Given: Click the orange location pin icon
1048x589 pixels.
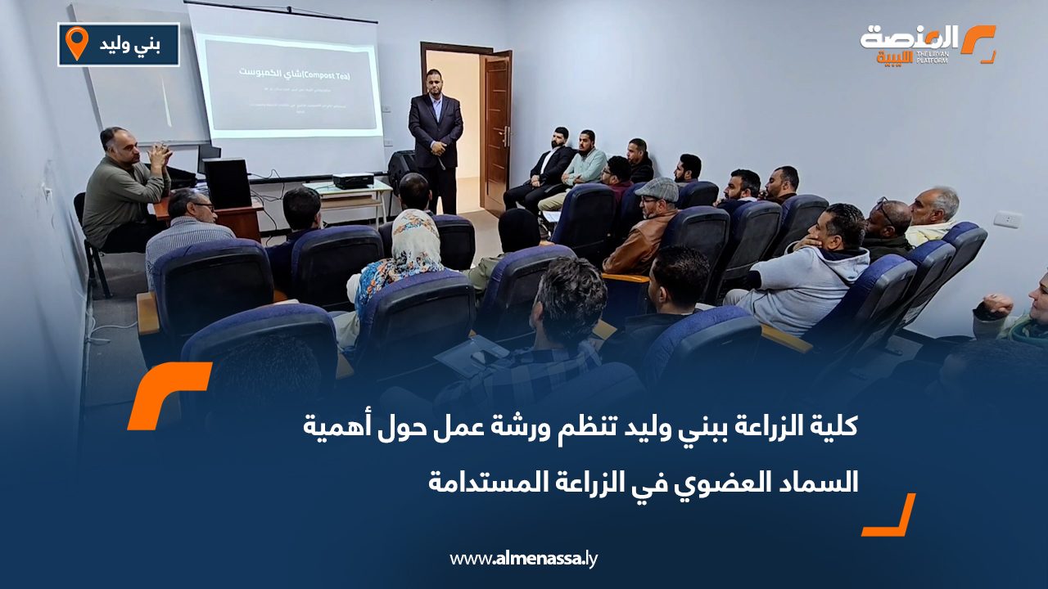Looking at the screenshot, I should click(x=76, y=43).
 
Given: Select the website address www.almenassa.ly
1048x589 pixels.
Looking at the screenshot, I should click(x=524, y=559).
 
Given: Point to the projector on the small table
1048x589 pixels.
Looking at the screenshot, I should click(x=353, y=181).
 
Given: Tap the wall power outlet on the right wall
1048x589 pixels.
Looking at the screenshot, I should click(x=1006, y=219).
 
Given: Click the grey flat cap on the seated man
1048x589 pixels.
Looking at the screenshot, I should click(x=657, y=190).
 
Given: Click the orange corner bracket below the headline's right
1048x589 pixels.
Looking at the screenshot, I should click(x=891, y=517).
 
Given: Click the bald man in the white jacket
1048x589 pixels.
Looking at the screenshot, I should click(x=933, y=216).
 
